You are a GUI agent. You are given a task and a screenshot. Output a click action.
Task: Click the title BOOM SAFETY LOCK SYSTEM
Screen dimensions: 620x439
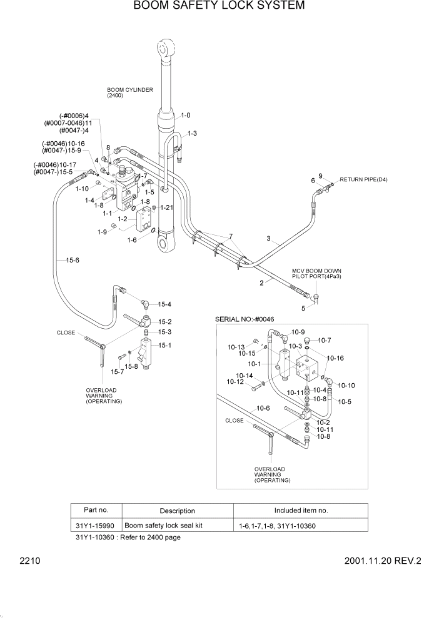coord(219,6)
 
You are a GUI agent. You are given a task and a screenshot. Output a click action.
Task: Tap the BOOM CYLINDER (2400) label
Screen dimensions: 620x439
coord(129,92)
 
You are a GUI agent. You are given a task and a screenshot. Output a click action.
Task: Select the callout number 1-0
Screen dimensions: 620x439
coord(186,116)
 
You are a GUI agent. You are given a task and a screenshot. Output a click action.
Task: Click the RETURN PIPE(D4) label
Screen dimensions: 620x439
coord(363,180)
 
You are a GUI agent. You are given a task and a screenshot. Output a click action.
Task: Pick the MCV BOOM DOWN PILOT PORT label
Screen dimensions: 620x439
coord(316,274)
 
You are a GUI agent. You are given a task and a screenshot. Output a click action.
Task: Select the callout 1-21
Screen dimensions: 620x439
coord(166,207)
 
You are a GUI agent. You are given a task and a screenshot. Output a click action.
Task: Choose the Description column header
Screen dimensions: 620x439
coord(177,511)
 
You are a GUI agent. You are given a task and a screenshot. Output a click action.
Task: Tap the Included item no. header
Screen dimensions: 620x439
coord(301,511)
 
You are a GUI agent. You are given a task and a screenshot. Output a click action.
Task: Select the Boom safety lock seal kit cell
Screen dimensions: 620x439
coord(164,526)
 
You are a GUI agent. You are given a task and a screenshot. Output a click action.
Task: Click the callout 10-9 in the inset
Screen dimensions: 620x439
coord(298,332)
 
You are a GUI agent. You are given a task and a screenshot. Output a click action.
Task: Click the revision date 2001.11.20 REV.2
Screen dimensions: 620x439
coord(383,561)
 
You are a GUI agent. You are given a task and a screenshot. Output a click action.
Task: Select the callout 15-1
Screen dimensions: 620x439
coord(164,344)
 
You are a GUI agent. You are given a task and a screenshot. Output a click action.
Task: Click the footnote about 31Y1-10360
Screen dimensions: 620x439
coord(128,537)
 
